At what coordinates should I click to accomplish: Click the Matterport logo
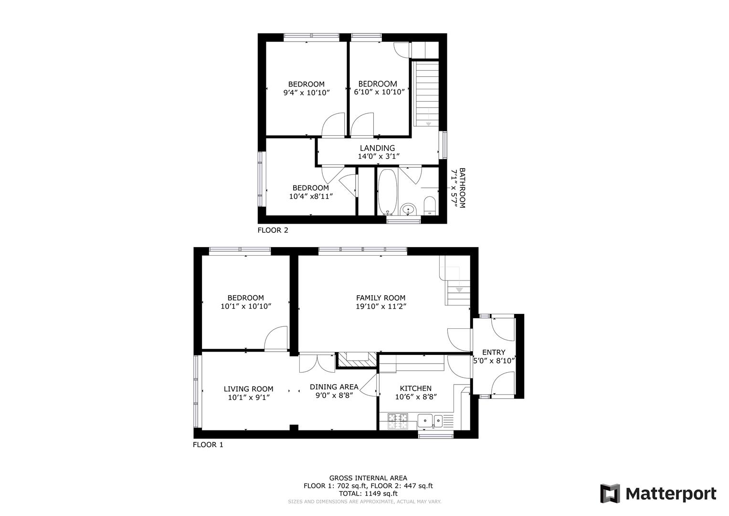658,494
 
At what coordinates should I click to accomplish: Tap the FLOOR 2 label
273,230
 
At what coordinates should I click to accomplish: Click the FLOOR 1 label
208,445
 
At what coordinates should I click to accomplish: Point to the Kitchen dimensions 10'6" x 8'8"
416,397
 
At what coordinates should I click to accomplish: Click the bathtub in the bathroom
387,192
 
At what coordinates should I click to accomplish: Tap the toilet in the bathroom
430,205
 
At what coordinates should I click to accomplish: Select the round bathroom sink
407,209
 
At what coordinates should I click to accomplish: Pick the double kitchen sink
430,420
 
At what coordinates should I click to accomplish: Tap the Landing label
377,148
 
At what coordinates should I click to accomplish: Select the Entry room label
494,353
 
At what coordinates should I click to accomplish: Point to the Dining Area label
334,387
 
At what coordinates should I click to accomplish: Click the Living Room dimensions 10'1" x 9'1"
249,397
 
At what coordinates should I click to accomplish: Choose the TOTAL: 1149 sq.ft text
368,494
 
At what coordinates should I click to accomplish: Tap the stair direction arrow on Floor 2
428,124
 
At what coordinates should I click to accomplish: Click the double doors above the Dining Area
317,363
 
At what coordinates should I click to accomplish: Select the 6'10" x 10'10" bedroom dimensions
379,92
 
